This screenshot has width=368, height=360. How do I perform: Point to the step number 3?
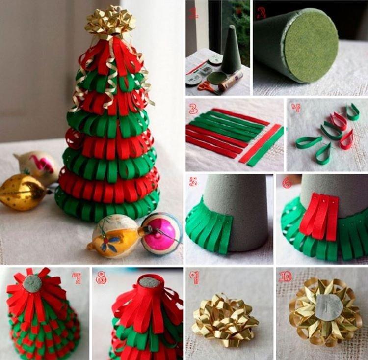point(193,109)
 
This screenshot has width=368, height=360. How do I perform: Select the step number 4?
point(296,108)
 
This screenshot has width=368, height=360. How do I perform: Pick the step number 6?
point(287,183)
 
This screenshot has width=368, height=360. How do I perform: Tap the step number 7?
point(76,278)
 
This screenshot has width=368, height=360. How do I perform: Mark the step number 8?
point(102,278)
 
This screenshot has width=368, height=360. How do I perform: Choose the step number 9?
point(194,277)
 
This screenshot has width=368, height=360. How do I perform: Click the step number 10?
point(286,276)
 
